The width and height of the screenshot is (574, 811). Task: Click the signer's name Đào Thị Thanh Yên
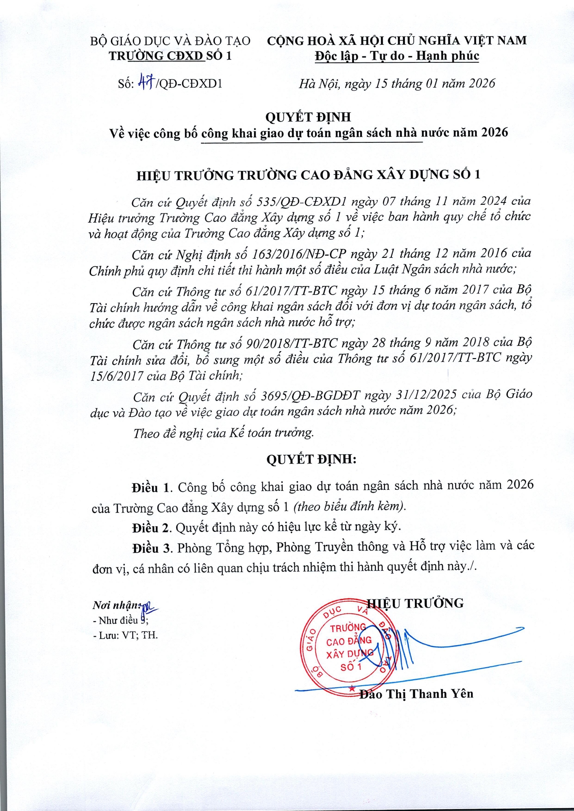coord(416,694)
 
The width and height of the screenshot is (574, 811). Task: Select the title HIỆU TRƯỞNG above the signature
coord(415,603)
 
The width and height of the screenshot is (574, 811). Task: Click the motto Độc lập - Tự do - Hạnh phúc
coord(397,56)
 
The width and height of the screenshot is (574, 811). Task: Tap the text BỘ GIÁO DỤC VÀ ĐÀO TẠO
coord(170,41)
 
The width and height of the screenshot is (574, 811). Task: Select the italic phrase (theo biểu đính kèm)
coord(350,506)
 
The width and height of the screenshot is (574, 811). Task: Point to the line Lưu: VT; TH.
coord(126,635)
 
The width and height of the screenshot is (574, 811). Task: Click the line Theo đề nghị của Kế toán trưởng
coord(223,433)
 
